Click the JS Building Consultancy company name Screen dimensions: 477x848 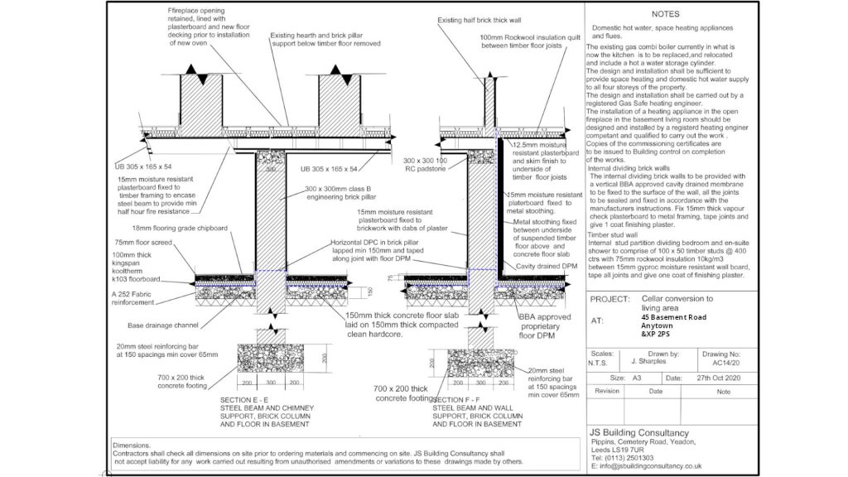[x=638, y=433]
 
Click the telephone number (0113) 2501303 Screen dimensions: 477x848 [x=628, y=458]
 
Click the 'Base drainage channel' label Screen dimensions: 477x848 [x=161, y=325]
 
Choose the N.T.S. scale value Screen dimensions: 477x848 [x=602, y=361]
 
